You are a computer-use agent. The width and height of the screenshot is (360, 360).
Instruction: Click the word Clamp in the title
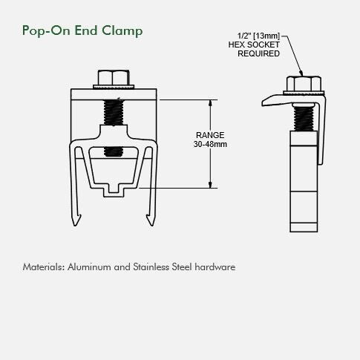122,30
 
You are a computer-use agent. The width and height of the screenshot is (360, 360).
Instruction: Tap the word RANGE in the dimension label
210,135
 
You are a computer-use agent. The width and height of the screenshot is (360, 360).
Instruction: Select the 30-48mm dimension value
210,144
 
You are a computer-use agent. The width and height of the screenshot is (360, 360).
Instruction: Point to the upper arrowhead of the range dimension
210,103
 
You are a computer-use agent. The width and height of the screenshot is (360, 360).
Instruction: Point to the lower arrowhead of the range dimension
210,185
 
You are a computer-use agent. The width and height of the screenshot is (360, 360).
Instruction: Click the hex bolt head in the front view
114,78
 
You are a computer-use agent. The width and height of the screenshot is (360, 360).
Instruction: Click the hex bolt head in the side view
304,84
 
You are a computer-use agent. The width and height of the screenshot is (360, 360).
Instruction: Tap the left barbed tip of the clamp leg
76,220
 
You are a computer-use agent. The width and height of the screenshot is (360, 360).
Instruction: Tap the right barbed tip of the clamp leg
151,220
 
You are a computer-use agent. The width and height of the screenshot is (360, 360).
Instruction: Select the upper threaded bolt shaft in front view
114,112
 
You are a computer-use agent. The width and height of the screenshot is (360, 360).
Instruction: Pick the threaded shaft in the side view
304,118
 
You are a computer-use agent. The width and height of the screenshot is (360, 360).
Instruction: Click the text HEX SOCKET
254,45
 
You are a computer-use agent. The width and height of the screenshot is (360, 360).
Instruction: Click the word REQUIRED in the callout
258,53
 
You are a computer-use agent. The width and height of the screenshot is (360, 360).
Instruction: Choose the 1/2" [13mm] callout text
258,36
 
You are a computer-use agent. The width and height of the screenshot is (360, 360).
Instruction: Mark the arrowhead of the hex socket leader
301,73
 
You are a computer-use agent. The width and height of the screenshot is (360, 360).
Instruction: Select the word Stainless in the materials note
151,267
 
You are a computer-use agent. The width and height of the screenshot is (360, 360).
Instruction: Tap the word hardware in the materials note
215,267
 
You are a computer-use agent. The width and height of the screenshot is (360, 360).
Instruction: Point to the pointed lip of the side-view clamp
264,103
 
